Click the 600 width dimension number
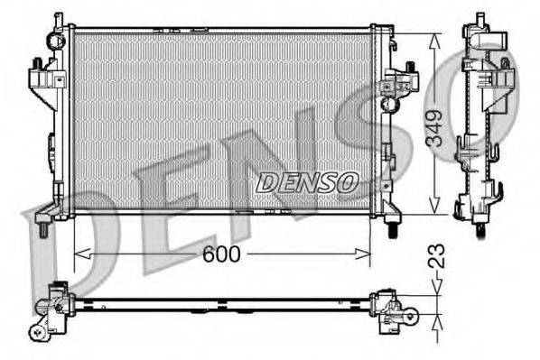(x=220, y=254)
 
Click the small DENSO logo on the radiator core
(x=307, y=182)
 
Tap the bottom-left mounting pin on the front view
(x=45, y=230)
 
